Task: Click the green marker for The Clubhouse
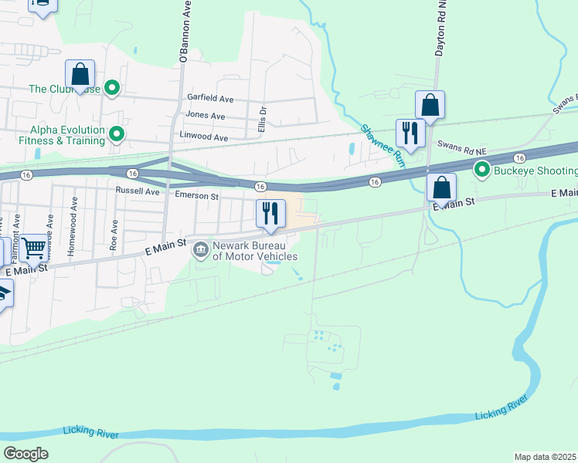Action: pos(112,89)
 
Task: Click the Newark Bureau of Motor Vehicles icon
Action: pos(200,248)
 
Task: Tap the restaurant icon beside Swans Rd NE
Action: pos(410,133)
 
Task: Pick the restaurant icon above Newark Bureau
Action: pos(270,212)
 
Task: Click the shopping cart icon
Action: pos(33,248)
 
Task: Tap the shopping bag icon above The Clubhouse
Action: pos(80,74)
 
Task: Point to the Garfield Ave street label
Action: pos(210,99)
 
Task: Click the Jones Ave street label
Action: pos(205,116)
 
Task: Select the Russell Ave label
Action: pos(137,190)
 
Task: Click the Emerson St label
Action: pos(197,197)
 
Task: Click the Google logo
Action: pos(25,454)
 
